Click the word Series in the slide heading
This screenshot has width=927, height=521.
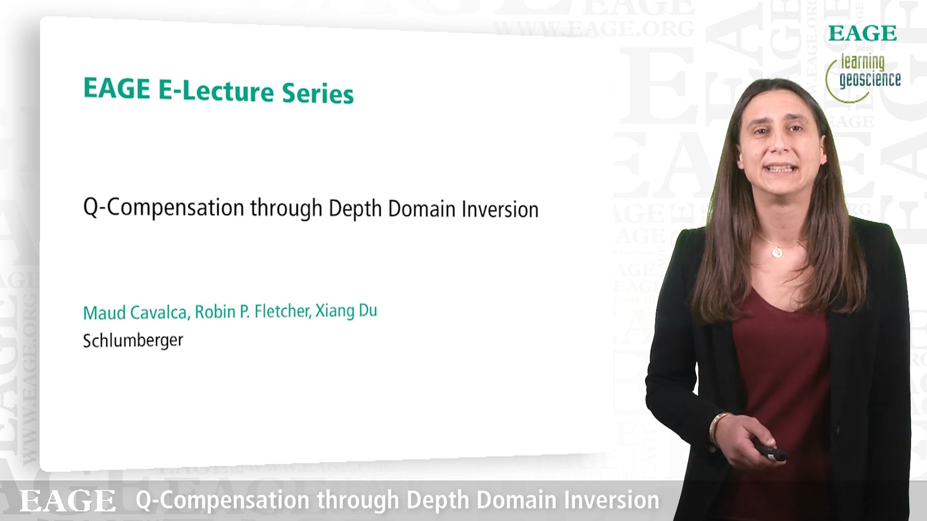click(318, 93)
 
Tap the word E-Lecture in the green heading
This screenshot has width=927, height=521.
click(216, 91)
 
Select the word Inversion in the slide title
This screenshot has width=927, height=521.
click(500, 209)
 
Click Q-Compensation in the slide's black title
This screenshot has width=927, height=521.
click(164, 207)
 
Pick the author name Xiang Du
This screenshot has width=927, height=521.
click(346, 311)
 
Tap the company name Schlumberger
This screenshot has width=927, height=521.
click(133, 341)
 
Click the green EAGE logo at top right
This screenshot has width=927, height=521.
click(862, 33)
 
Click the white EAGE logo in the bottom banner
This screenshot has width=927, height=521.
click(68, 501)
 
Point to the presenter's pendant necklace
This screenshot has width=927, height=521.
click(777, 251)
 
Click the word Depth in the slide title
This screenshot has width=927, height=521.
click(355, 209)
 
